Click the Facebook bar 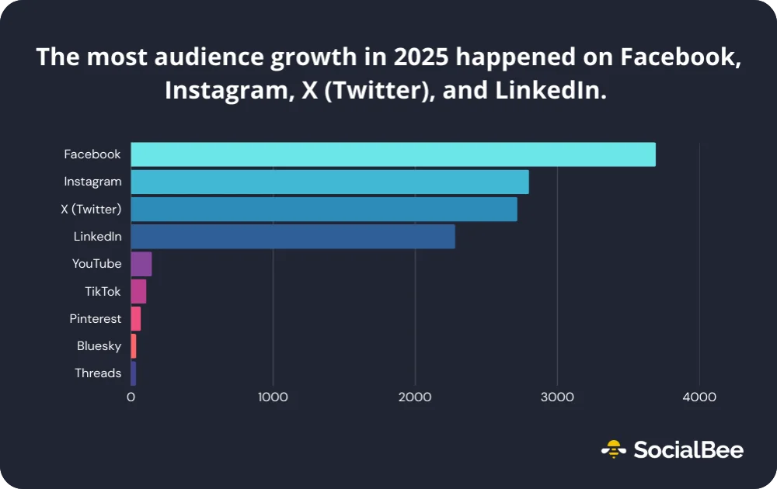pyautogui.click(x=393, y=154)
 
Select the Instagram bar pyautogui.click(x=329, y=182)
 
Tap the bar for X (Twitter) pyautogui.click(x=324, y=210)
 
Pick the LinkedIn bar pyautogui.click(x=293, y=237)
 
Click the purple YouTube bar pyautogui.click(x=141, y=264)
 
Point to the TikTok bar pyautogui.click(x=138, y=291)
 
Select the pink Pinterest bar pyautogui.click(x=136, y=318)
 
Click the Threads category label pyautogui.click(x=98, y=373)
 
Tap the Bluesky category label pyautogui.click(x=99, y=346)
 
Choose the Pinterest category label pyautogui.click(x=95, y=319)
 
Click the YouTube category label pyautogui.click(x=96, y=264)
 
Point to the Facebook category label pyautogui.click(x=92, y=154)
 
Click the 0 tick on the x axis pyautogui.click(x=131, y=397)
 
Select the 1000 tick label pyautogui.click(x=273, y=397)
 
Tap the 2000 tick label pyautogui.click(x=415, y=397)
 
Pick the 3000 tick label pyautogui.click(x=557, y=397)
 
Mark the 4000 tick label pyautogui.click(x=699, y=397)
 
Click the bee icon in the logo pyautogui.click(x=614, y=449)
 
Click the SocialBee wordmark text pyautogui.click(x=688, y=449)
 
